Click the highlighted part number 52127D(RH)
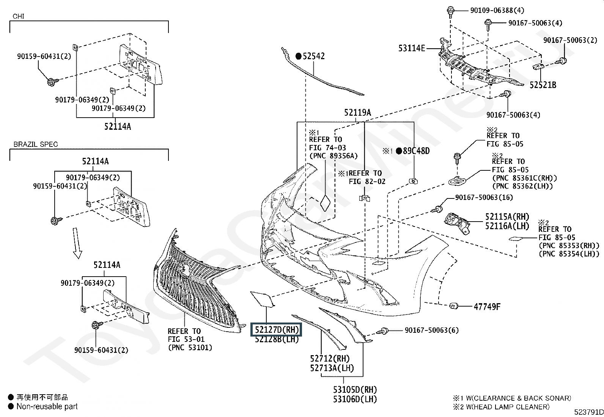[277, 329]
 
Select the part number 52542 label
[314, 56]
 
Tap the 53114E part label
[412, 48]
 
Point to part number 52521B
[543, 85]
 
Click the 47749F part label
[487, 307]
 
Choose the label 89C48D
[416, 151]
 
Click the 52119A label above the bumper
[357, 113]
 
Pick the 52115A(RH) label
[507, 217]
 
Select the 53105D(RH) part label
[355, 390]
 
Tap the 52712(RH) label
[330, 359]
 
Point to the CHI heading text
[19, 16]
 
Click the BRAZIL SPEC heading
[36, 145]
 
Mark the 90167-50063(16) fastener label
[484, 197]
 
